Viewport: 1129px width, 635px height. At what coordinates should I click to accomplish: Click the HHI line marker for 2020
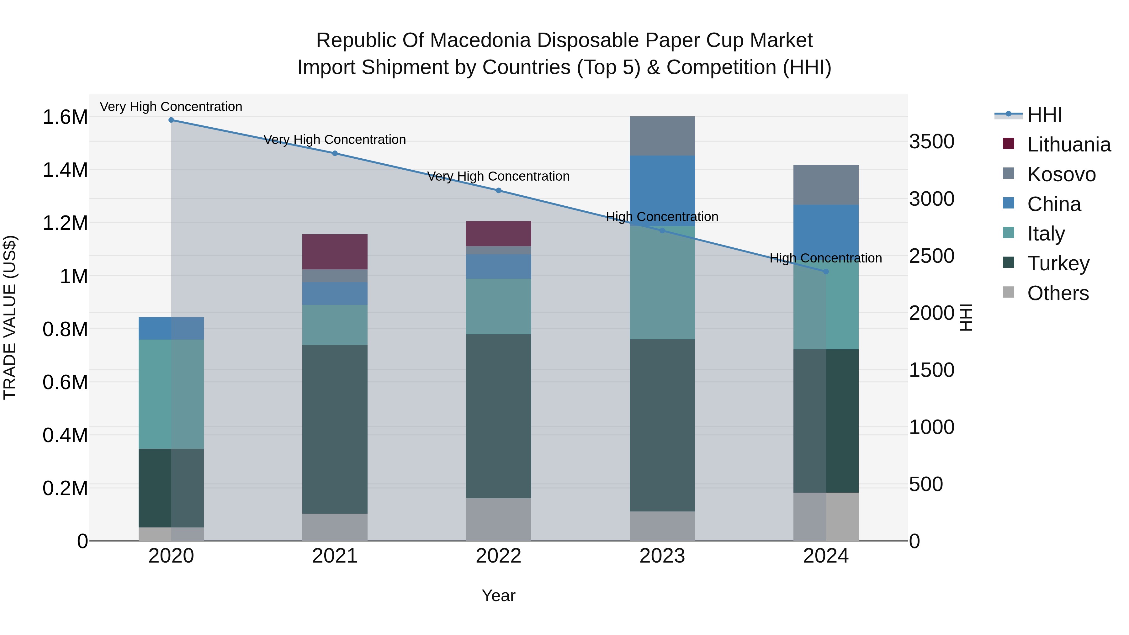pos(171,120)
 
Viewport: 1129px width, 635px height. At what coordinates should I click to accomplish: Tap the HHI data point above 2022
pos(498,191)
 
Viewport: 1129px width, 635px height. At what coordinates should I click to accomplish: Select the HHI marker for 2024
pos(826,272)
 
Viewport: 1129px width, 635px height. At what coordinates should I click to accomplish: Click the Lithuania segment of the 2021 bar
pos(335,252)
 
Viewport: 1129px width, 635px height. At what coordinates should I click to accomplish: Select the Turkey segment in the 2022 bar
pos(498,416)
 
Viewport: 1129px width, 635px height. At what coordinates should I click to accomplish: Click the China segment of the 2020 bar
pos(171,328)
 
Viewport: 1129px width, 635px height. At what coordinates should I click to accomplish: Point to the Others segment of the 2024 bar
pos(826,517)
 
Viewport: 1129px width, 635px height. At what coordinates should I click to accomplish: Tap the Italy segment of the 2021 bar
pos(335,325)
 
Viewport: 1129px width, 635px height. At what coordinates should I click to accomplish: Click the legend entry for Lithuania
pos(1068,145)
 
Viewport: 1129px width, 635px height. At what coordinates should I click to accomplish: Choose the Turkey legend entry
pos(1058,263)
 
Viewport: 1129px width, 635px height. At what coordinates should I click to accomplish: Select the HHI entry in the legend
pos(1044,115)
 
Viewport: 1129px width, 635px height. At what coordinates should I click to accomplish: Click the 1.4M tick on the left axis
pos(65,170)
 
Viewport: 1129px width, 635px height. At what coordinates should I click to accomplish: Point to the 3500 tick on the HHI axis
pos(931,141)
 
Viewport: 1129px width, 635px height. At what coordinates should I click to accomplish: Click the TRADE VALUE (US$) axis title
pos(10,317)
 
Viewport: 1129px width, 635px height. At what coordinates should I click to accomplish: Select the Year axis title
pos(498,595)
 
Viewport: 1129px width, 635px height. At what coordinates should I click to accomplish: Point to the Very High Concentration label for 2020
pos(171,107)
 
